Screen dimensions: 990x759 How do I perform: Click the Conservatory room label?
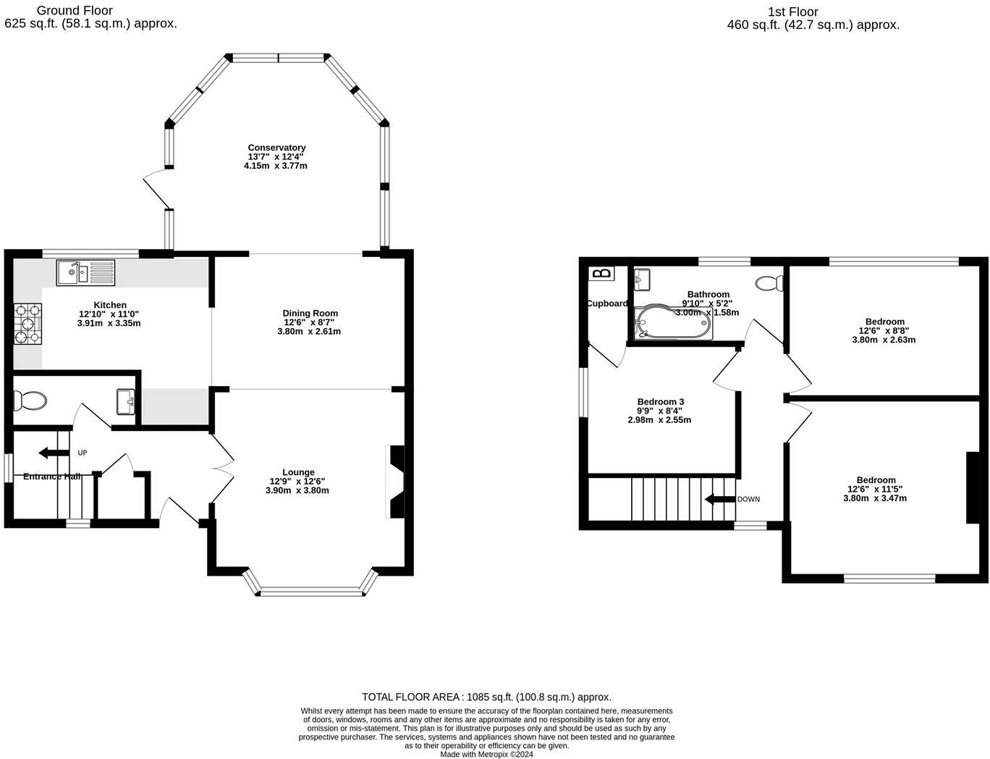point(276,148)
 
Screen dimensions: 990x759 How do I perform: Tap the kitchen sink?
point(85,272)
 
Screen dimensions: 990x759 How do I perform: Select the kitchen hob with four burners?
point(27,324)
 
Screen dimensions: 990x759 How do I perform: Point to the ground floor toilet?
point(30,401)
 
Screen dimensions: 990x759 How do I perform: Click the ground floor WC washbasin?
point(126,402)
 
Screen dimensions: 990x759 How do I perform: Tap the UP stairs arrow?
point(54,453)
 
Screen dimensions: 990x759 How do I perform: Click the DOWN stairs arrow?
point(720,499)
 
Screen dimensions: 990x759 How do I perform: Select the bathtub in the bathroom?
point(673,323)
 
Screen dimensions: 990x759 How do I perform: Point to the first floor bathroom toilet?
point(769,284)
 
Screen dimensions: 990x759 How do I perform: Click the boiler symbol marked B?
point(603,273)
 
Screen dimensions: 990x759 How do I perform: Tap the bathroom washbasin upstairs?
point(642,280)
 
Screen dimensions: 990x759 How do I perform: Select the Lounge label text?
point(298,472)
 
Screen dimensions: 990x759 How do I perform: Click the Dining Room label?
point(310,313)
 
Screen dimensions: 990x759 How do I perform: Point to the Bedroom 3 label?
point(661,402)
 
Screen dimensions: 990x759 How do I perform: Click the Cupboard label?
point(607,303)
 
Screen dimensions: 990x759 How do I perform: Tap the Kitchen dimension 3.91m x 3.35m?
point(109,323)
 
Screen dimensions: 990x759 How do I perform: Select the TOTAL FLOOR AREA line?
point(486,697)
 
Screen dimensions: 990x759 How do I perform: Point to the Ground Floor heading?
point(75,10)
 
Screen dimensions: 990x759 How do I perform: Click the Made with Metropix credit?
point(486,755)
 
